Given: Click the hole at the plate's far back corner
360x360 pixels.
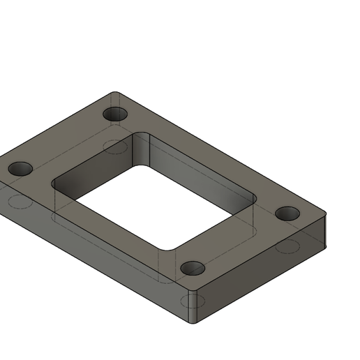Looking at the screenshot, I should coord(115,114).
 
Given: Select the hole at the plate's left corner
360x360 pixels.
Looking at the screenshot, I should coord(21,169).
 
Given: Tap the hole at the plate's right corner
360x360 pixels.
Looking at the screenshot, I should coord(286,213).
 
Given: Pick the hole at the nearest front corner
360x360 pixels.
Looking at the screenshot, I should coord(192,269).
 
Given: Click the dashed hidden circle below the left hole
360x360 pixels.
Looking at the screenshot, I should coord(19,202).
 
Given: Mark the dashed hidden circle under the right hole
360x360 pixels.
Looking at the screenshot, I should coord(286,246).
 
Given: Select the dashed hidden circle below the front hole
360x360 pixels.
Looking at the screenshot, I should coord(192,301).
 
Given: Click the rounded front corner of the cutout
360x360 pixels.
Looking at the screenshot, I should coord(167,247).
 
